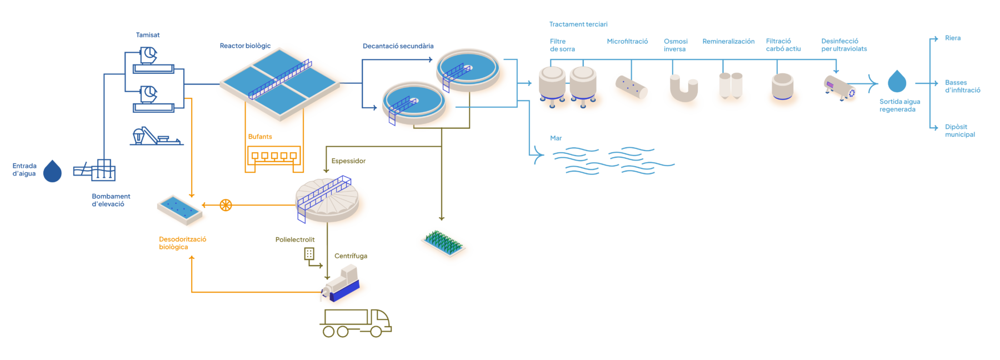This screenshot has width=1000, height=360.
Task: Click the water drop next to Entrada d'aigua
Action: [x=53, y=171]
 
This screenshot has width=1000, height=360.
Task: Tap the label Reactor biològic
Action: [x=245, y=46]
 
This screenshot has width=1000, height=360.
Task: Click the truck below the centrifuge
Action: [x=356, y=323]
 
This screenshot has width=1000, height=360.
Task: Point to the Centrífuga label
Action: [x=351, y=256]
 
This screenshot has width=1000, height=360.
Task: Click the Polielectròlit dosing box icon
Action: [x=309, y=254]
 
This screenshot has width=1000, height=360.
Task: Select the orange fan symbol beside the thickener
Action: [x=226, y=205]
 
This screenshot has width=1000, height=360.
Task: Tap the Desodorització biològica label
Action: [x=182, y=243]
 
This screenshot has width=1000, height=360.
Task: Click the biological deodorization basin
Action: [x=182, y=209]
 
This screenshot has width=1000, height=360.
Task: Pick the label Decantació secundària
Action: [x=398, y=46]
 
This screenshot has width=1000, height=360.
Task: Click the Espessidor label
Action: [x=348, y=161]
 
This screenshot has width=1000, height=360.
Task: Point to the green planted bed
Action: [x=444, y=242]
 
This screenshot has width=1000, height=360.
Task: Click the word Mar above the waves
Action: [x=556, y=138]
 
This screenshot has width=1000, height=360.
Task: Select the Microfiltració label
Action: [x=627, y=41]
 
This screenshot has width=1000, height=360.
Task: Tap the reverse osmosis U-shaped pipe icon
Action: [x=683, y=90]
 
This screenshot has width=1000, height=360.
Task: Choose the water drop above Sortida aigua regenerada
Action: [x=897, y=82]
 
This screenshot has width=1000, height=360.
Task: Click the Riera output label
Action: [x=953, y=38]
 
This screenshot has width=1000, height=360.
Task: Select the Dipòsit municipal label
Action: [x=959, y=131]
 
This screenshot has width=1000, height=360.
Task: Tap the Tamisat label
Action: [x=148, y=35]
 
